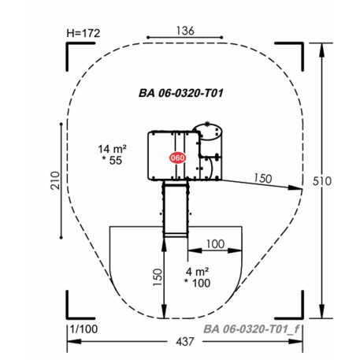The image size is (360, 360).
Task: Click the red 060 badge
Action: (x=177, y=158)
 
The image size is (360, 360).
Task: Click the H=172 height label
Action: (x=84, y=33)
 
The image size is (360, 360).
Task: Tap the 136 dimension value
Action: (x=185, y=31)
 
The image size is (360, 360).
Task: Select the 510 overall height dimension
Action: (x=322, y=181)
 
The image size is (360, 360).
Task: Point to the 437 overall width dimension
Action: (x=185, y=342)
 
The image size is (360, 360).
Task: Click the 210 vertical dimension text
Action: (x=55, y=180)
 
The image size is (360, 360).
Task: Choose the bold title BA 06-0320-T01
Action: (x=181, y=93)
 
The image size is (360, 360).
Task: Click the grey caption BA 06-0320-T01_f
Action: (x=251, y=329)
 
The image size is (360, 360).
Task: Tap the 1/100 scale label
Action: (x=84, y=329)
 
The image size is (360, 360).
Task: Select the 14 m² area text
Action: (x=112, y=149)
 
